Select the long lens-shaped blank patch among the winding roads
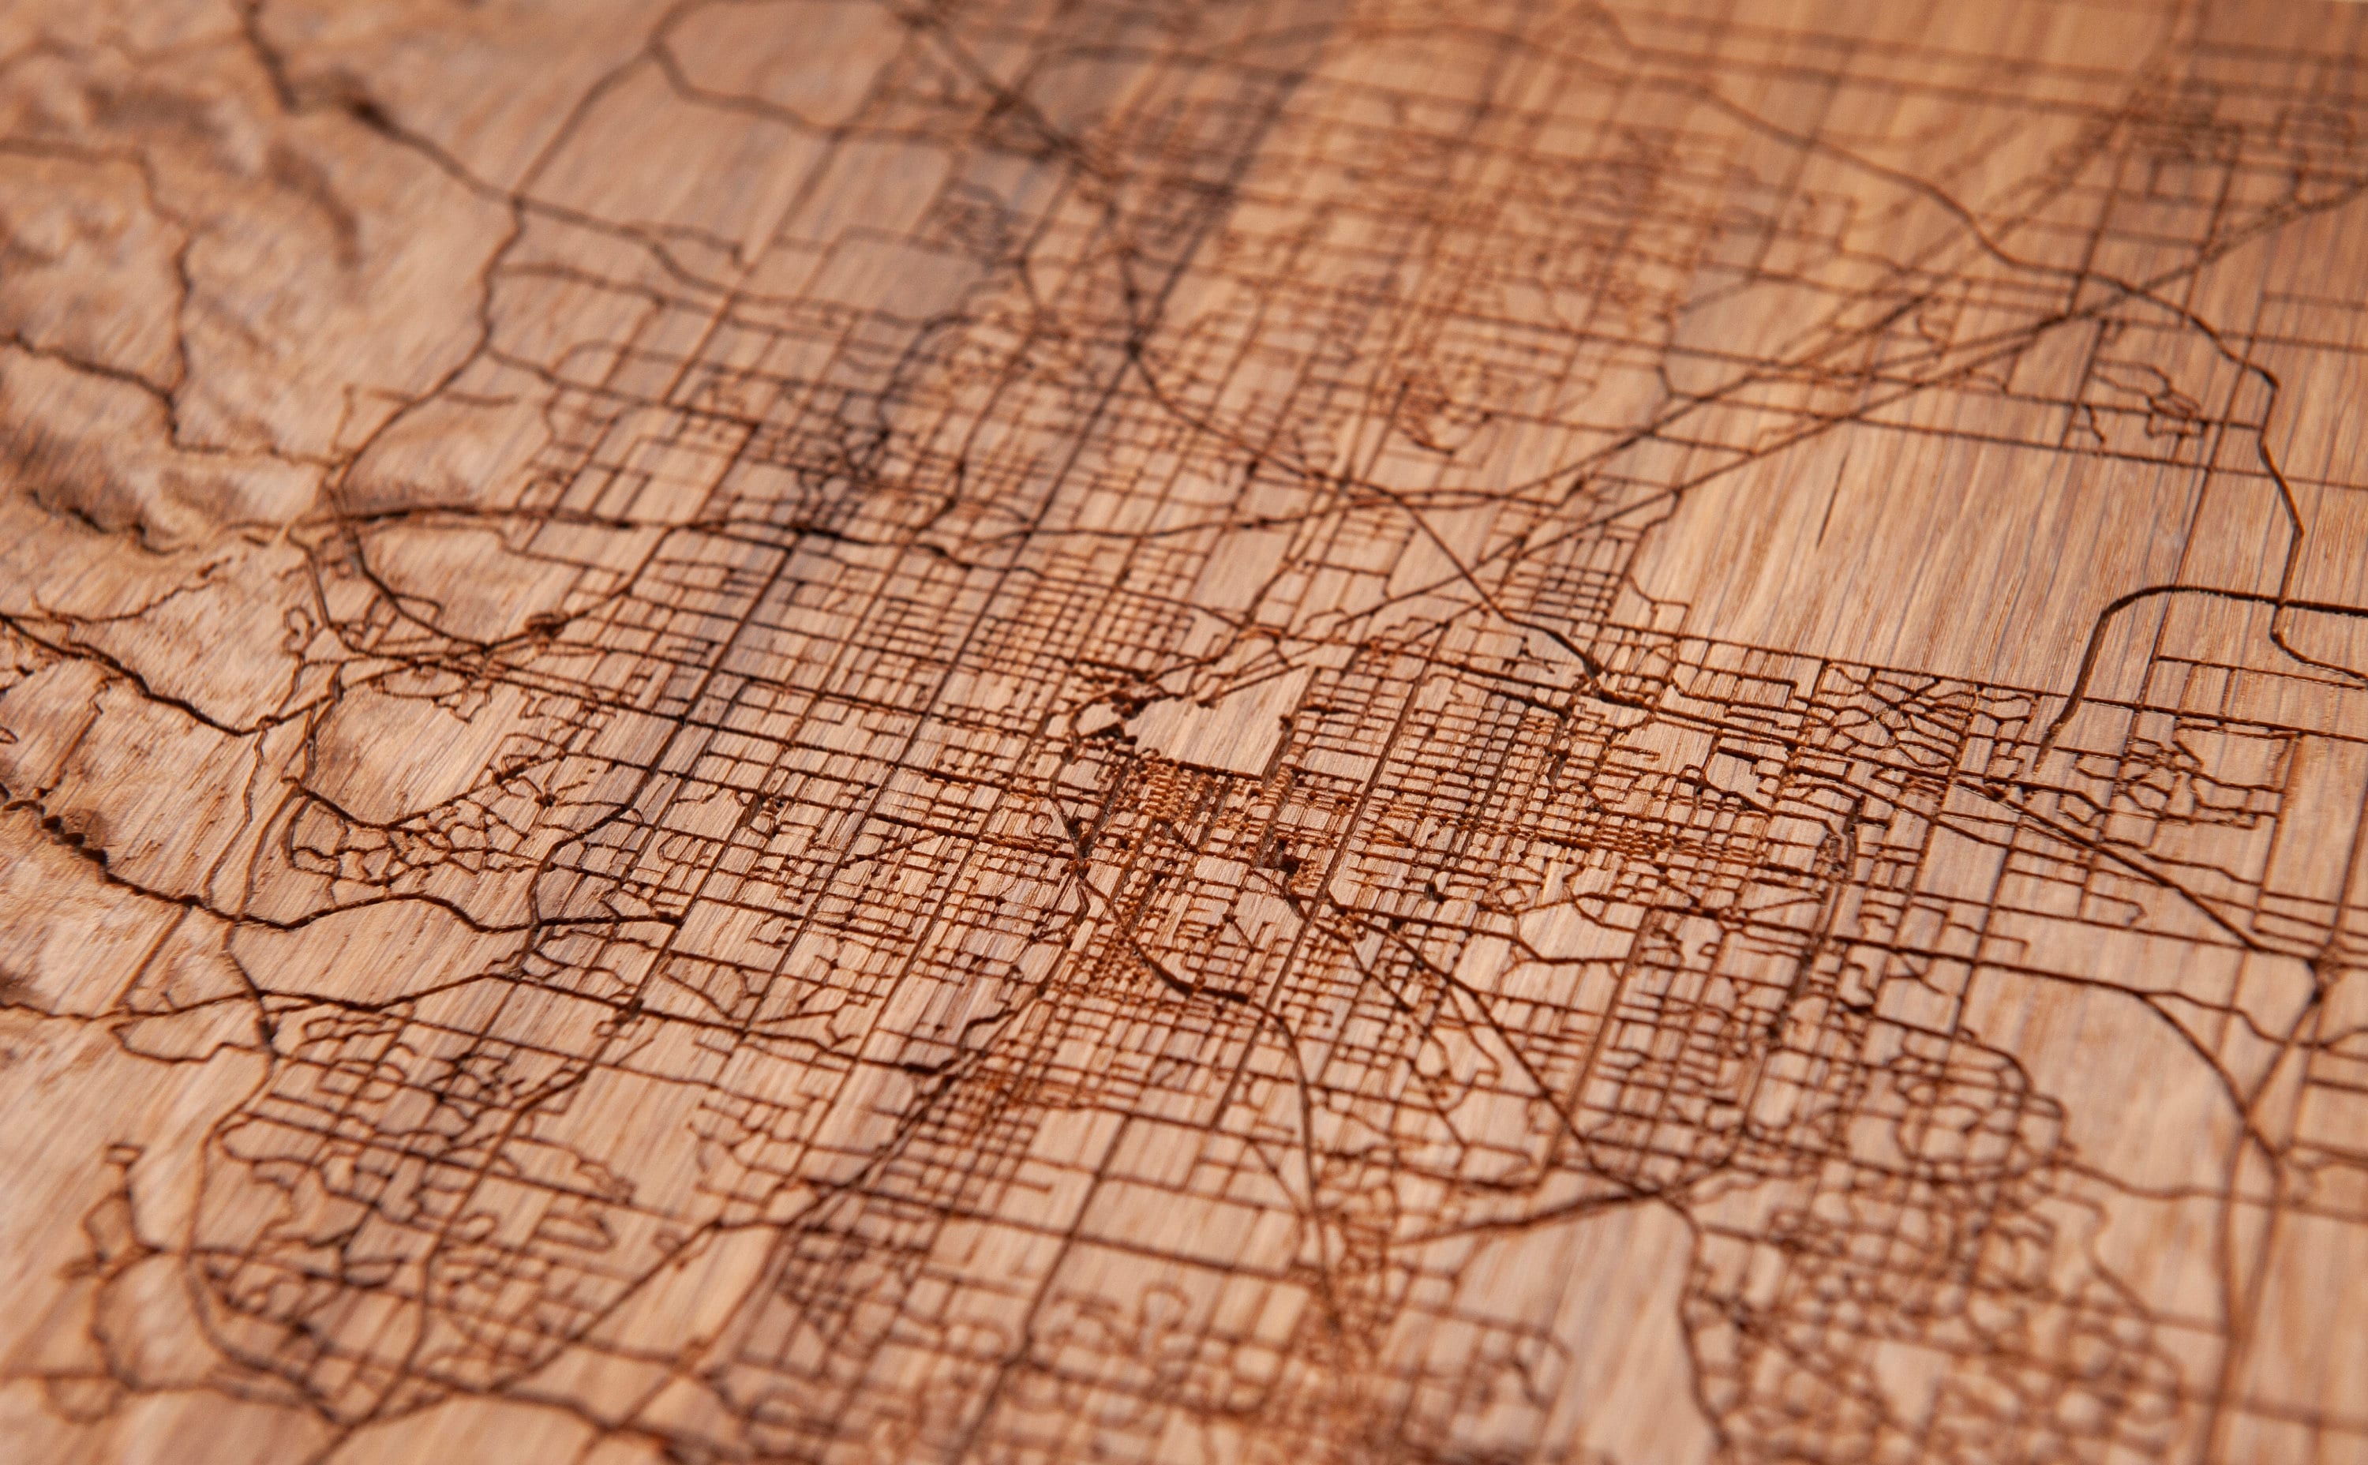coord(378,945)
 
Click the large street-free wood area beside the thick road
coord(1890,542)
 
